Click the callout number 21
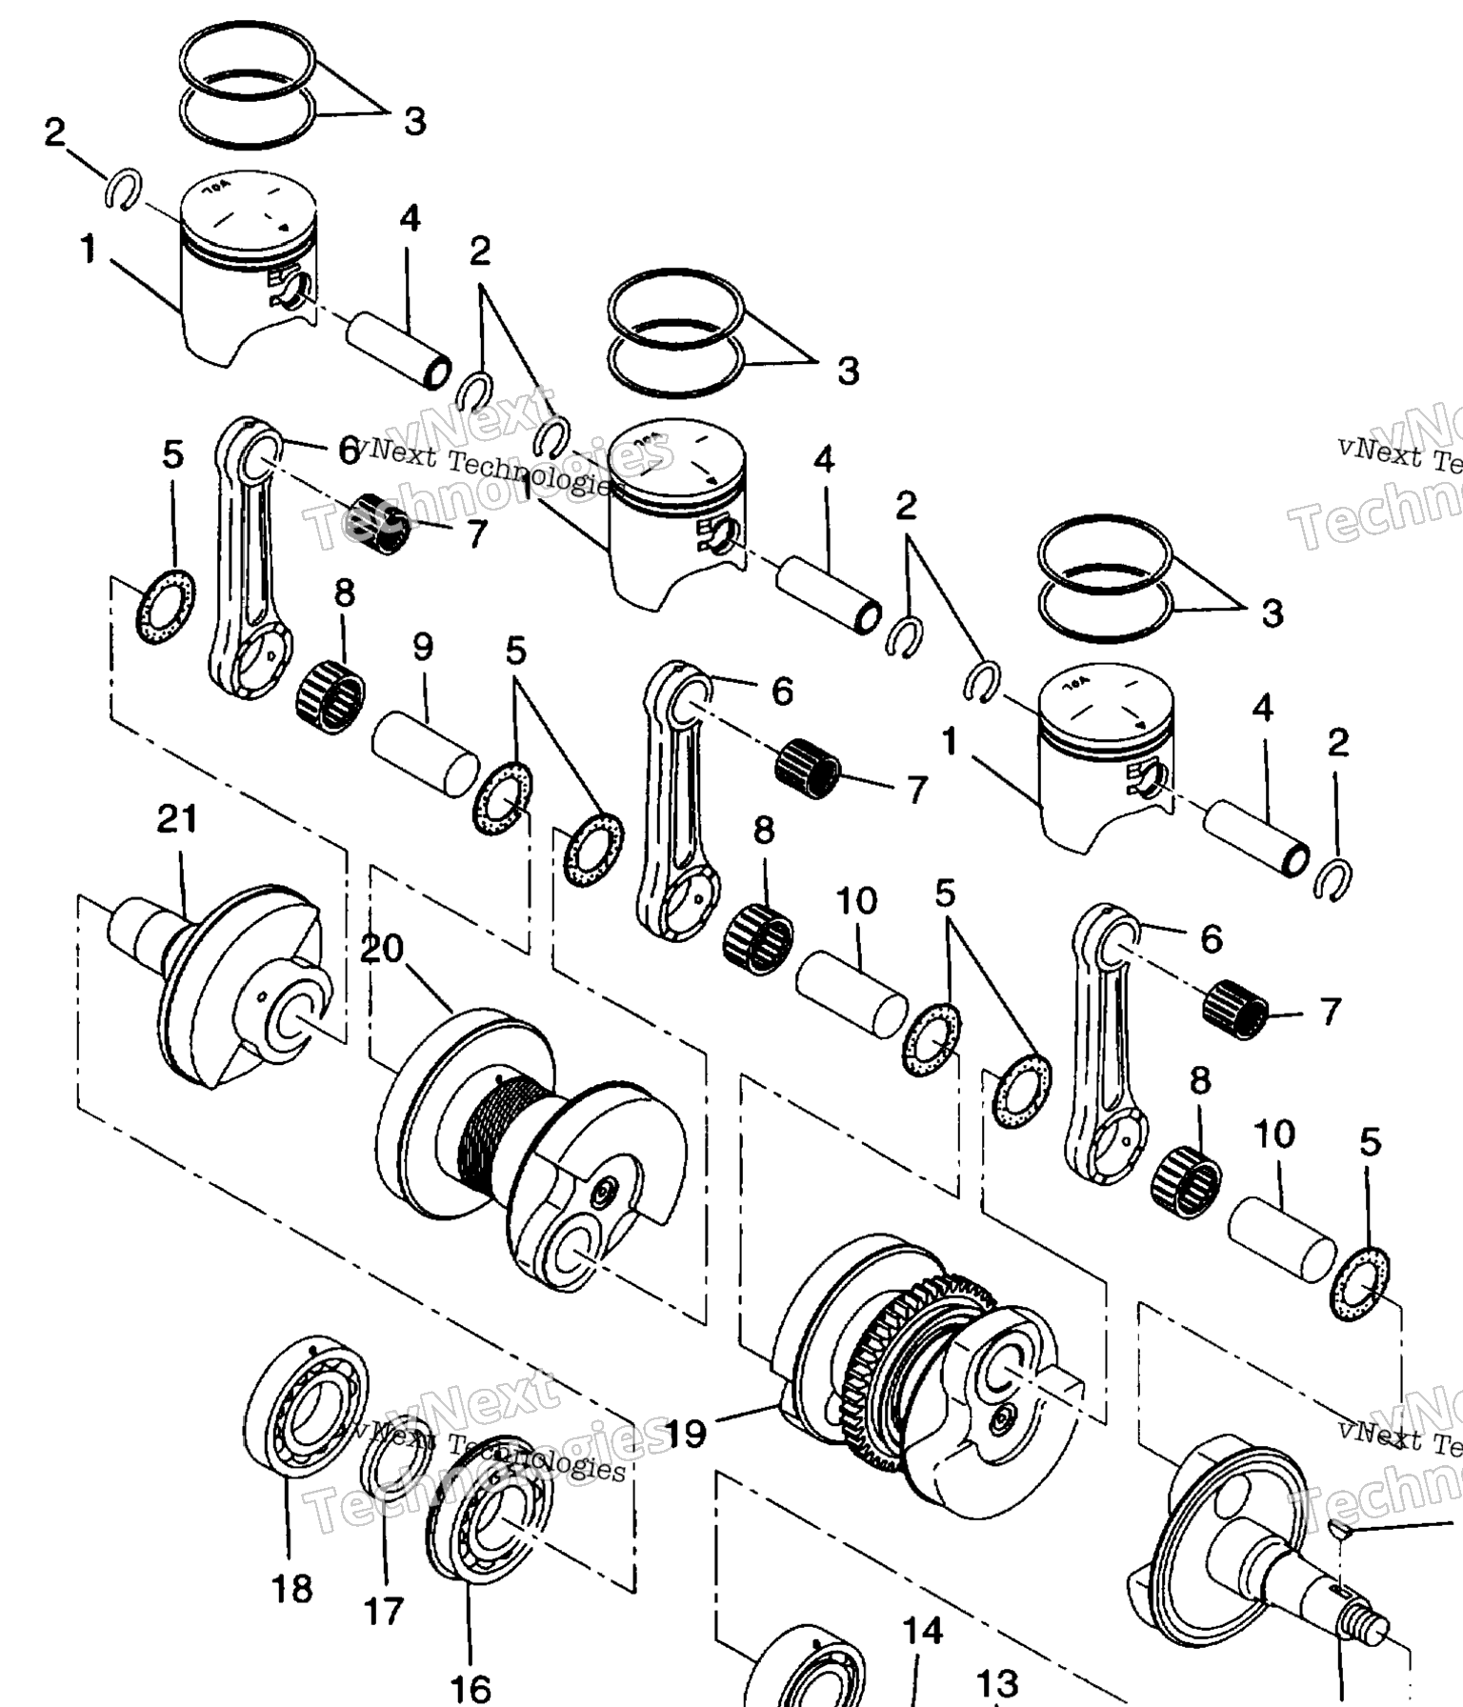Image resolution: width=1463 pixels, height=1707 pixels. pos(177,819)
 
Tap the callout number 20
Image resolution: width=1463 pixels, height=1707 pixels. pos(383,949)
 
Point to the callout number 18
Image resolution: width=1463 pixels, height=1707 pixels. pos(291,1589)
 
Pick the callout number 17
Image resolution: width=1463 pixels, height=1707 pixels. pos(384,1612)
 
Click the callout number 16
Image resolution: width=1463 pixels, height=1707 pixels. pos(470,1688)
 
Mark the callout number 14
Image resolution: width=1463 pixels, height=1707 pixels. pos(922,1631)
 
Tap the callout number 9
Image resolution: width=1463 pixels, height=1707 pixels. pos(423,648)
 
